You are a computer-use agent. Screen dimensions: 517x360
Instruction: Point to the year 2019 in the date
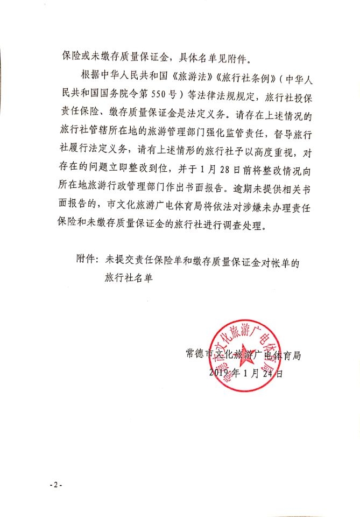(x=217, y=373)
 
